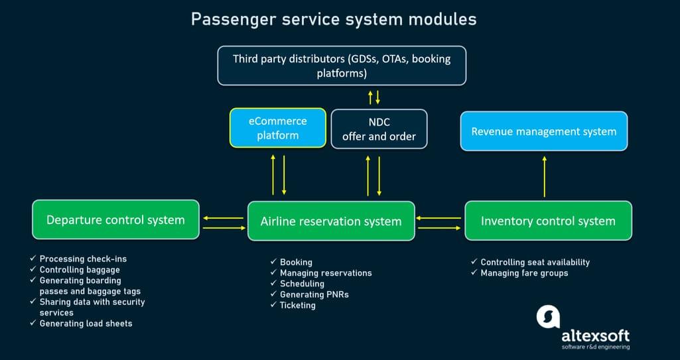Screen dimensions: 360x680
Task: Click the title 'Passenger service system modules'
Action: (x=334, y=19)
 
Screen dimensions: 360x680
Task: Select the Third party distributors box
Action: (x=342, y=66)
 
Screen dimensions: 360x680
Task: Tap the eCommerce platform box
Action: (x=278, y=128)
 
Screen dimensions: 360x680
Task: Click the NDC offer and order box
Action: (x=379, y=129)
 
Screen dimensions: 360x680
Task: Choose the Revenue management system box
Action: (x=543, y=131)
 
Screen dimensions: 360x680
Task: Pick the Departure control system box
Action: (x=115, y=219)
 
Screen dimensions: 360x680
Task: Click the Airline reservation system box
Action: (x=330, y=221)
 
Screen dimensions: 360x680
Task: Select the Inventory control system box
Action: (x=548, y=221)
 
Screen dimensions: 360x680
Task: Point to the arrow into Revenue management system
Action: (x=545, y=176)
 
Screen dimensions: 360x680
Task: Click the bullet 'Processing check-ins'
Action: (x=82, y=259)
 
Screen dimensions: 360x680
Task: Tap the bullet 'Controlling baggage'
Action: (x=80, y=270)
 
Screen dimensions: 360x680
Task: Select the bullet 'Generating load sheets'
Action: (x=86, y=324)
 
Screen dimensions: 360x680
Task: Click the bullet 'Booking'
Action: (x=296, y=262)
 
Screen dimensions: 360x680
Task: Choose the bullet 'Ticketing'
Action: (x=297, y=305)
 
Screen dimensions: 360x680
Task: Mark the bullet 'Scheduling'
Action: (x=302, y=284)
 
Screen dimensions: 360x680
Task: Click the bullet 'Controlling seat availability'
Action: (x=535, y=262)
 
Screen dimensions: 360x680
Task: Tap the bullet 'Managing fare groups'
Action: (x=524, y=272)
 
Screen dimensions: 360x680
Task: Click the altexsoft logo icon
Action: (x=548, y=317)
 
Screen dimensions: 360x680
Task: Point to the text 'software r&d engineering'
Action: (x=595, y=347)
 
